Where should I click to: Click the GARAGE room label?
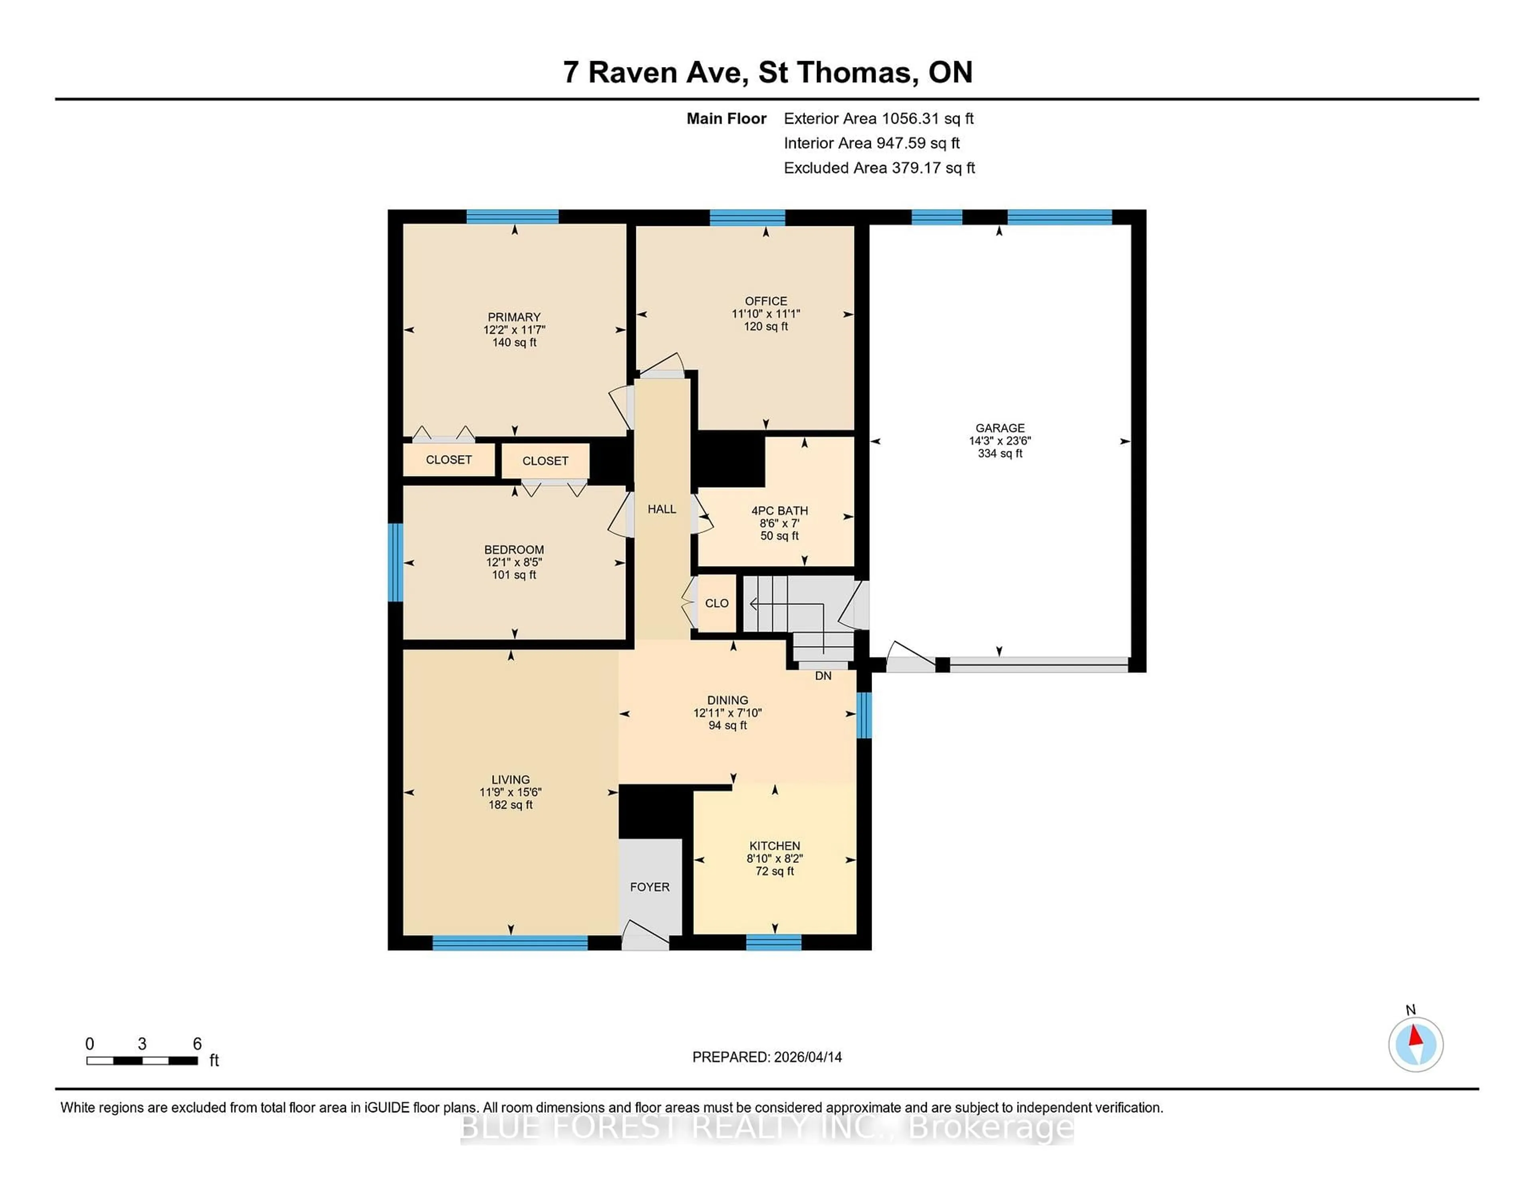pos(999,428)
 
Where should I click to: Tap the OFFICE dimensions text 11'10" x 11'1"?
pos(765,314)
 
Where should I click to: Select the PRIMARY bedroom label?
pos(514,317)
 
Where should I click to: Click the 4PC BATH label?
pos(780,510)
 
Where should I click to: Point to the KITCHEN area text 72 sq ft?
pos(775,871)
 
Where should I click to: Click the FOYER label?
pos(650,887)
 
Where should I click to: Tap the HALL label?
pos(662,509)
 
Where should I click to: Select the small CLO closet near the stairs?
pos(716,603)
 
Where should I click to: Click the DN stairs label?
pos(823,675)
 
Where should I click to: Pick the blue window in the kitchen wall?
pos(773,942)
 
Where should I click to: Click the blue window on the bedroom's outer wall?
pos(395,562)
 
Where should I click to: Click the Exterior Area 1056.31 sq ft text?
pos(879,119)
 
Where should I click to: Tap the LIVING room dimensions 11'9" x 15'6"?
pos(511,792)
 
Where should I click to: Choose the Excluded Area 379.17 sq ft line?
pos(879,168)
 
